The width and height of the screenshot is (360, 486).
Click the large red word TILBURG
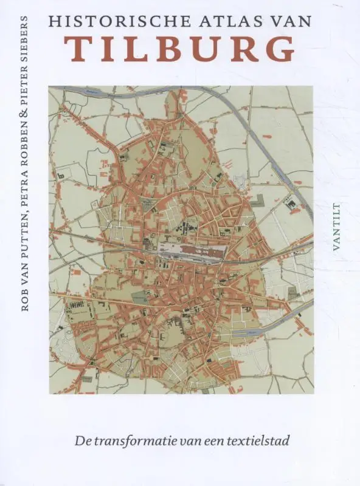coord(181,50)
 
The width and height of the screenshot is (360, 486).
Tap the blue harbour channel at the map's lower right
coord(255,334)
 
